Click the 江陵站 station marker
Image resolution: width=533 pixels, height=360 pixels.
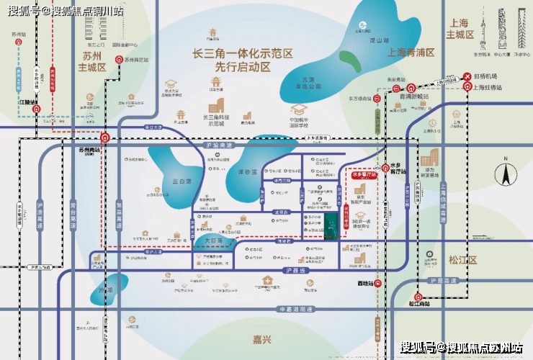(x=38, y=109)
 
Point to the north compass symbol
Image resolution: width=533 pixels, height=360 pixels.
(x=506, y=173)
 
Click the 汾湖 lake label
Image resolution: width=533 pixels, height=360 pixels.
(x=107, y=289)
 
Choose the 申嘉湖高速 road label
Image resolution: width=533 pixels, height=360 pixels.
(x=296, y=309)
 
